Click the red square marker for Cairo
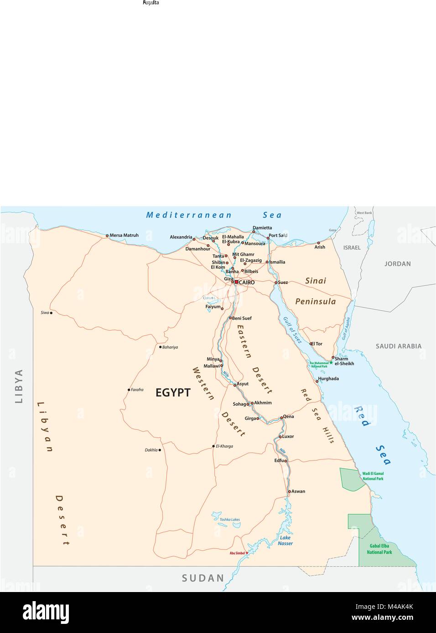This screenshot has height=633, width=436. coord(236,282)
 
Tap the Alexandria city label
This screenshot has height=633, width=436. coord(181,237)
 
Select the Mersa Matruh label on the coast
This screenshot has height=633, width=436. coord(124,235)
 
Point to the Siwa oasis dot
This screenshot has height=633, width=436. coord(51,313)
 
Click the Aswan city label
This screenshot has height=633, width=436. coord(298,491)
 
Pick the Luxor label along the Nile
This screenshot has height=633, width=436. coord(288,436)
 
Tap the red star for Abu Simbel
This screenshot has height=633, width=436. coord(247,553)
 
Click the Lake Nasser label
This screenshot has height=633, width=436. coord(285,541)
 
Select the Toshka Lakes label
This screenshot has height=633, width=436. coord(229,520)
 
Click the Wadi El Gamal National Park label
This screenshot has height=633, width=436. coord(373,476)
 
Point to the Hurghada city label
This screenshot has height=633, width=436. coord(328,378)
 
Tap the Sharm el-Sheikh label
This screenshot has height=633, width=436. coord(344,361)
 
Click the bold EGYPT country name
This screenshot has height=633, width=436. coord(173,393)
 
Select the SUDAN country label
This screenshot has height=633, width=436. coord(203,578)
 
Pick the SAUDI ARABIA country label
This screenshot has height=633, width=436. coord(398,346)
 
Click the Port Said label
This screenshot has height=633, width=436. coord(278,235)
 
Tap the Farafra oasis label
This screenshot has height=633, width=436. coord(137,390)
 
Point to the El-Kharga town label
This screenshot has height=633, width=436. coord(224,446)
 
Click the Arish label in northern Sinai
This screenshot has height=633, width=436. coord(320,247)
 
